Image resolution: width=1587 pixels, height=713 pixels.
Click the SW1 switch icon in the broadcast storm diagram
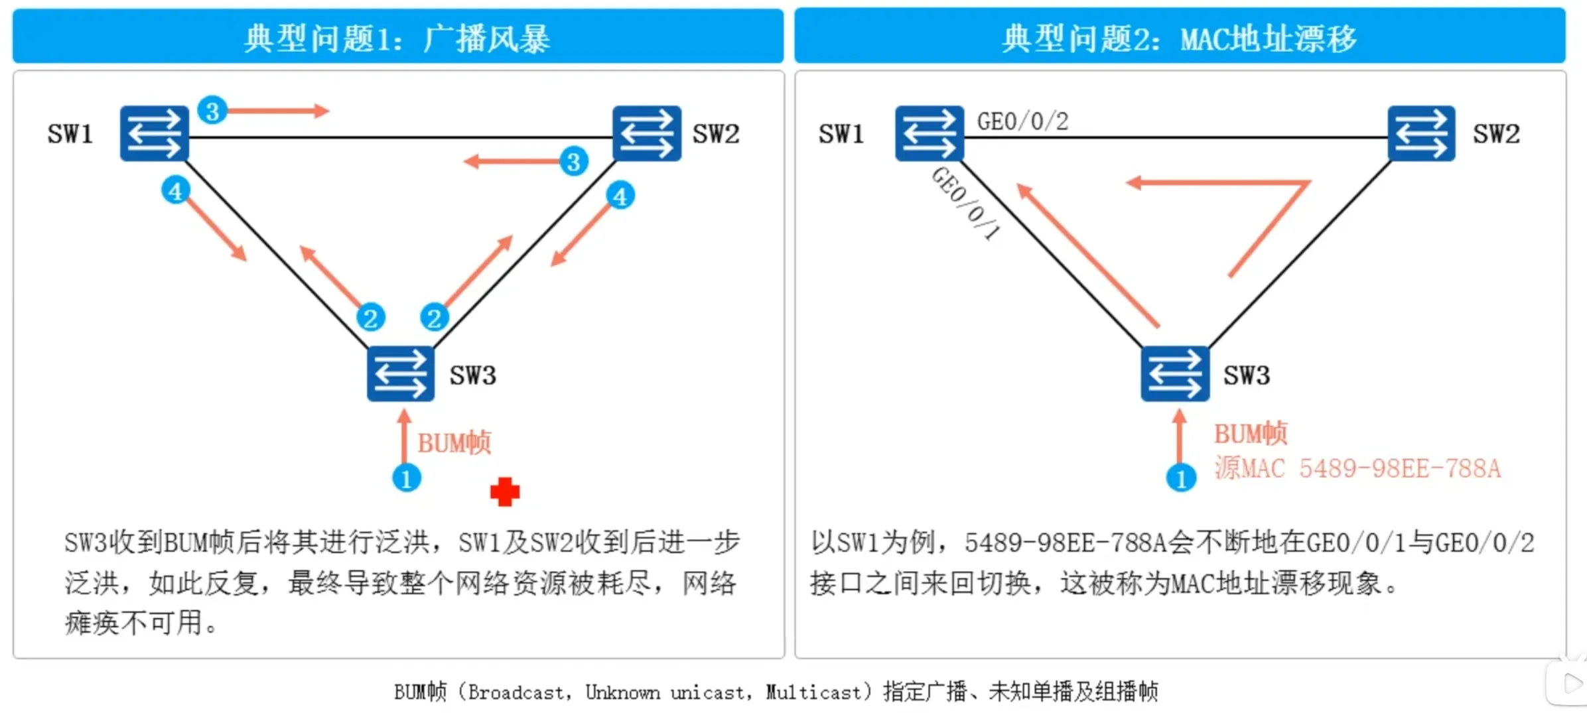(154, 133)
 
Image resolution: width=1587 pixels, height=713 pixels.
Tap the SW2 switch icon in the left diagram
(646, 133)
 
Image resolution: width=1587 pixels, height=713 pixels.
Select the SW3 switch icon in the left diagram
(401, 374)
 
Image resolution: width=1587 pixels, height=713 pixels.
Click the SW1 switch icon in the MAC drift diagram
(929, 133)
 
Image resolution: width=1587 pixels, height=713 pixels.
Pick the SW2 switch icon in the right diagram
(1421, 133)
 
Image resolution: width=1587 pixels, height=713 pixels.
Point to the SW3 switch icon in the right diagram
(1175, 374)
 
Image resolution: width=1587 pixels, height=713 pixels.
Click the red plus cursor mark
(505, 492)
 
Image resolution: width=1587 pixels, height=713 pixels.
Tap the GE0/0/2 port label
(1022, 121)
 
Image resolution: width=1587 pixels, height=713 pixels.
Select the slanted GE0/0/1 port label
(966, 203)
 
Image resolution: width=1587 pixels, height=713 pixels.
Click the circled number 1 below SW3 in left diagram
(407, 478)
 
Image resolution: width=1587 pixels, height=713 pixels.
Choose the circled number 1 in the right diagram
(1181, 478)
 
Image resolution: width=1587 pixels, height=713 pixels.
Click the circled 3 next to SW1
(212, 111)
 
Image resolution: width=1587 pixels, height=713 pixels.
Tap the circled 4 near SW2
(620, 196)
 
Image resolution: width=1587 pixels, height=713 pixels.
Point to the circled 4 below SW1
(176, 191)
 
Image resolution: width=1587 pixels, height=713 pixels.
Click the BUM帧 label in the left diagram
(454, 442)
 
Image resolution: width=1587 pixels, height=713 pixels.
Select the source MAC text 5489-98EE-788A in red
(1399, 468)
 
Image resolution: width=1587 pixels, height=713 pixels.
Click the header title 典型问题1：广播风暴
(397, 38)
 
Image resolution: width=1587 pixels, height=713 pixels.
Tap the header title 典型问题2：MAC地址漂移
(1179, 38)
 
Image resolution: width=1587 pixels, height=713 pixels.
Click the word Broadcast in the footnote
(517, 692)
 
